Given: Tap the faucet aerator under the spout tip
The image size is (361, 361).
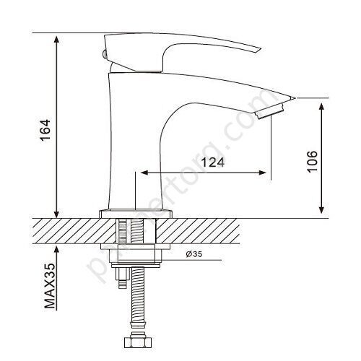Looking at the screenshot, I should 268,108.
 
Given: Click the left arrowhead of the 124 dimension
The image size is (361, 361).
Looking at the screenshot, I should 143,173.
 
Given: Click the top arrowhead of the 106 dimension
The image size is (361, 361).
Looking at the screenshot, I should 321,103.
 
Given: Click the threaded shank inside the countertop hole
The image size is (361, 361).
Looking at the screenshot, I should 135,231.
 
